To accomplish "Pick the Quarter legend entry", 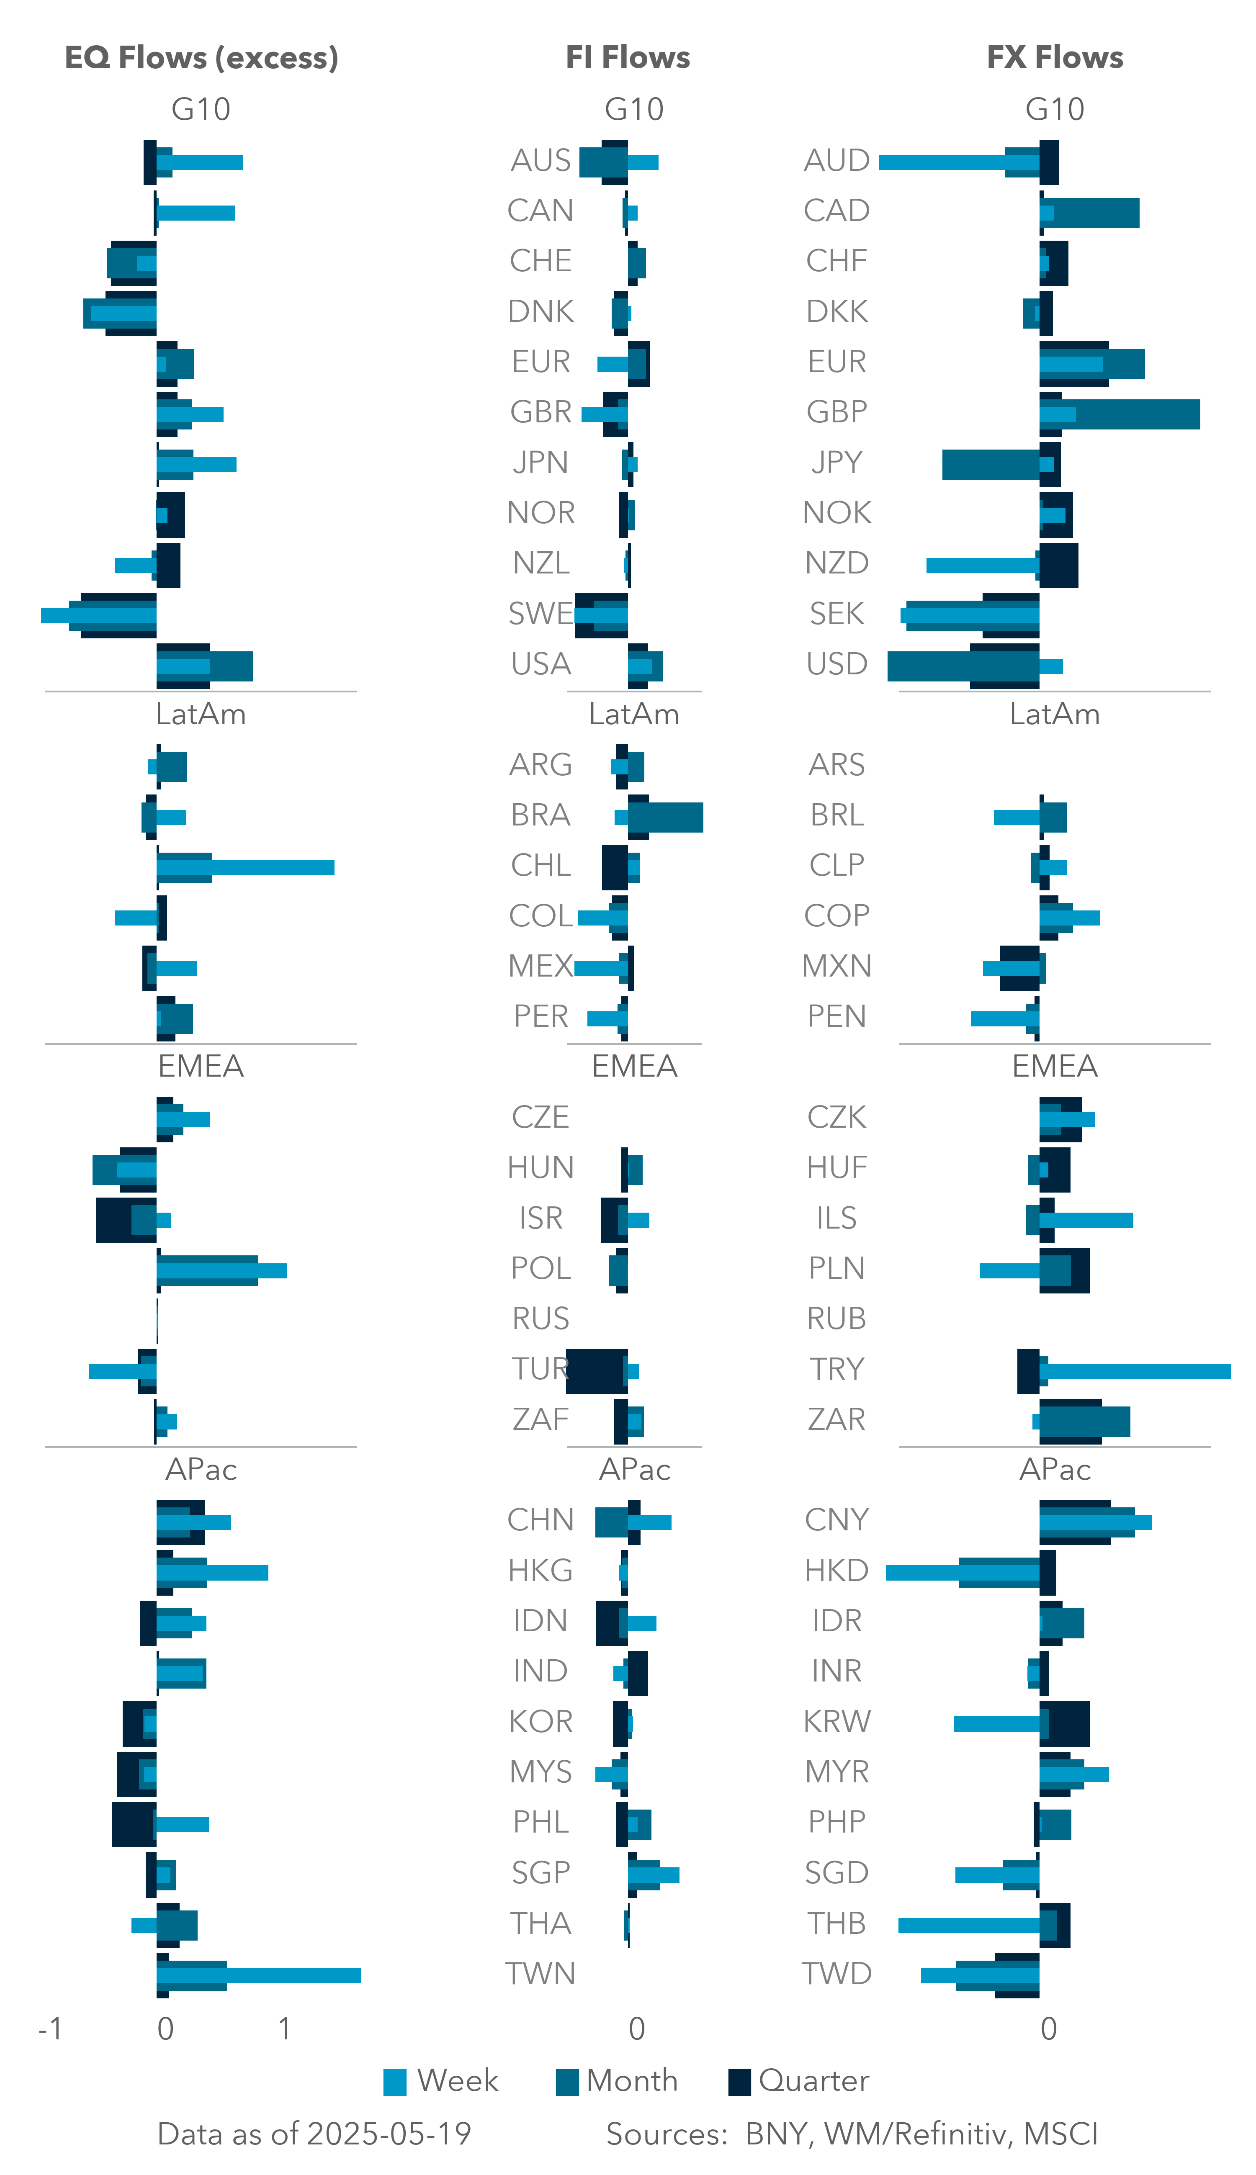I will coord(739,2082).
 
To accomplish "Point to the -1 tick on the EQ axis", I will coord(50,2029).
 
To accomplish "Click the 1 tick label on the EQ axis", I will coord(284,2029).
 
